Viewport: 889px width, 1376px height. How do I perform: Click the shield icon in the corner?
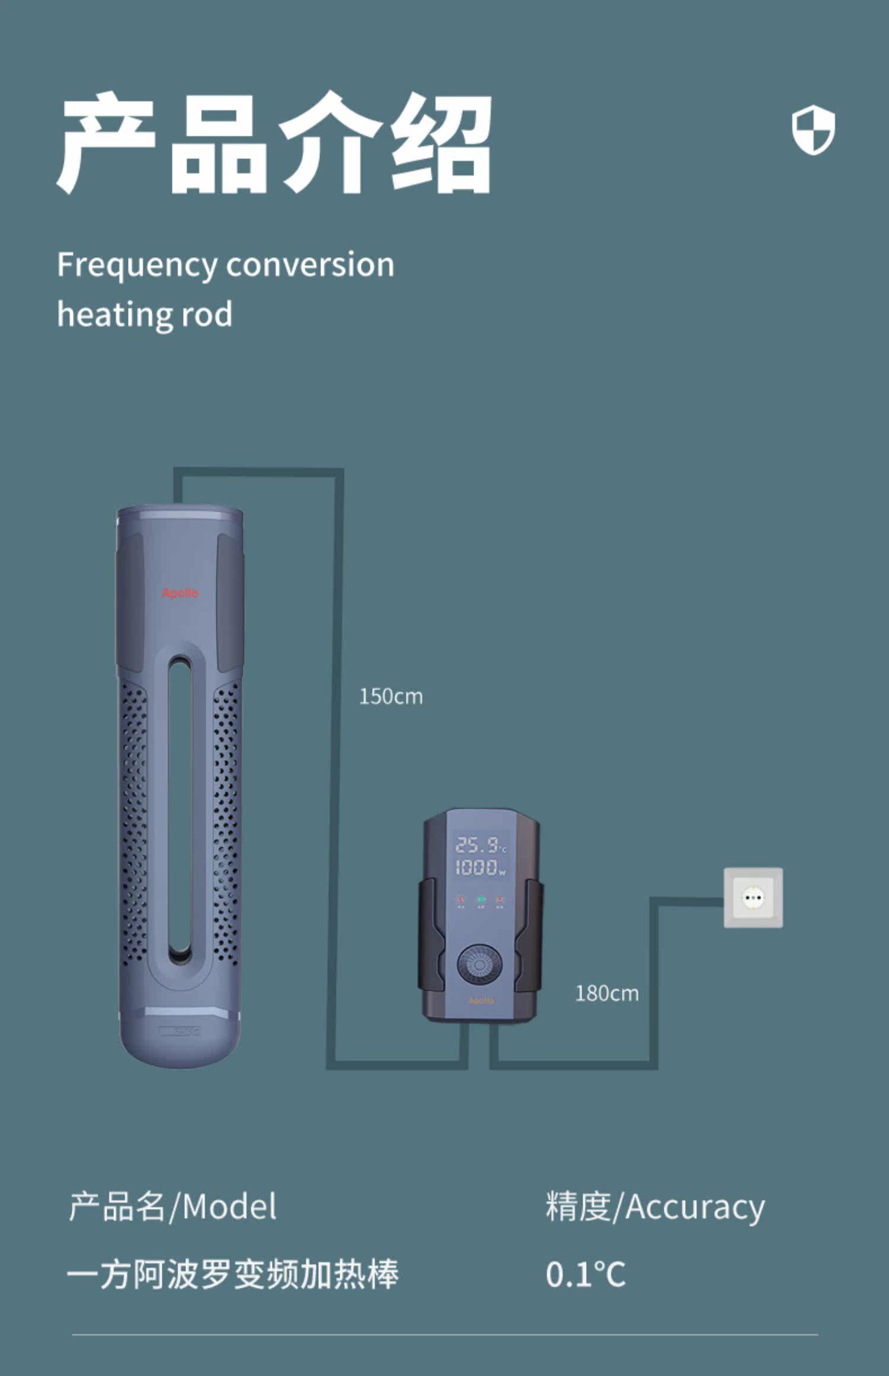813,130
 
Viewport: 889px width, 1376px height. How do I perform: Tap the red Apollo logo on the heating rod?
180,593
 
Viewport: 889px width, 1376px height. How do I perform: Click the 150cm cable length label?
391,696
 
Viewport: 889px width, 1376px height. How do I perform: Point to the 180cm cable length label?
607,993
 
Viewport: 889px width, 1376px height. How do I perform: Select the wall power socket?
753,898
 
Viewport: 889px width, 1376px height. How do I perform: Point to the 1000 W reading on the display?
479,868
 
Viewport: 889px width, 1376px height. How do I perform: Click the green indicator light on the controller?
481,900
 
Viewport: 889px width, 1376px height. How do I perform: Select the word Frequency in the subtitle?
137,265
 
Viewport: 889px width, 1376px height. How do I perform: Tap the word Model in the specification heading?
229,1207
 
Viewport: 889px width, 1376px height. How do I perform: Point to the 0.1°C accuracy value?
586,1274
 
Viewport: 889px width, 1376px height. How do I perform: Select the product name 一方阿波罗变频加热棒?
232,1274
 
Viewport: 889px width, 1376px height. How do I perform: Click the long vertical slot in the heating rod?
180,806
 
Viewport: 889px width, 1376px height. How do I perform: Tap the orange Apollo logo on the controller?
481,1001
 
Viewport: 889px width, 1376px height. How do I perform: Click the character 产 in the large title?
107,142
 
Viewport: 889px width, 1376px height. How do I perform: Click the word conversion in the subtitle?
310,265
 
